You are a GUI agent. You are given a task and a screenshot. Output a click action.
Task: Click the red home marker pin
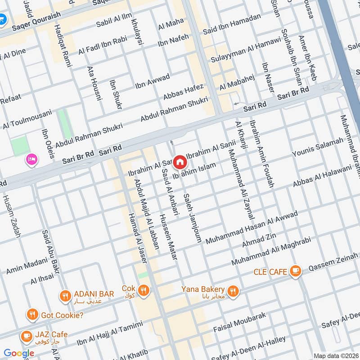coord(180,161)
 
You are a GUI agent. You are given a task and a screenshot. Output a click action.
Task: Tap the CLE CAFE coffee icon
coord(295,270)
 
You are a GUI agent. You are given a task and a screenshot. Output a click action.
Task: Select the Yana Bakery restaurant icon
coord(232,291)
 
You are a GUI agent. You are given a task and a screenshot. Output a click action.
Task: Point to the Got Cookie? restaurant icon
coord(32,315)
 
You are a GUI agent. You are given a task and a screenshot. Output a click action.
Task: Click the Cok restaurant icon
coord(144,291)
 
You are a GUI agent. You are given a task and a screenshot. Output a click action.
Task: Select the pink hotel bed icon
coord(31,159)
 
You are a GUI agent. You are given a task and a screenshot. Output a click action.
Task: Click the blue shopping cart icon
coord(2,19)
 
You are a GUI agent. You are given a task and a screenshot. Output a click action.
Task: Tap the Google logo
coord(19,353)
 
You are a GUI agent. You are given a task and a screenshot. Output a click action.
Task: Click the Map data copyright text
coord(336,355)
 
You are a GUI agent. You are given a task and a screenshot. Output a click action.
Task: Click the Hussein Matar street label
coord(168,237)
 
